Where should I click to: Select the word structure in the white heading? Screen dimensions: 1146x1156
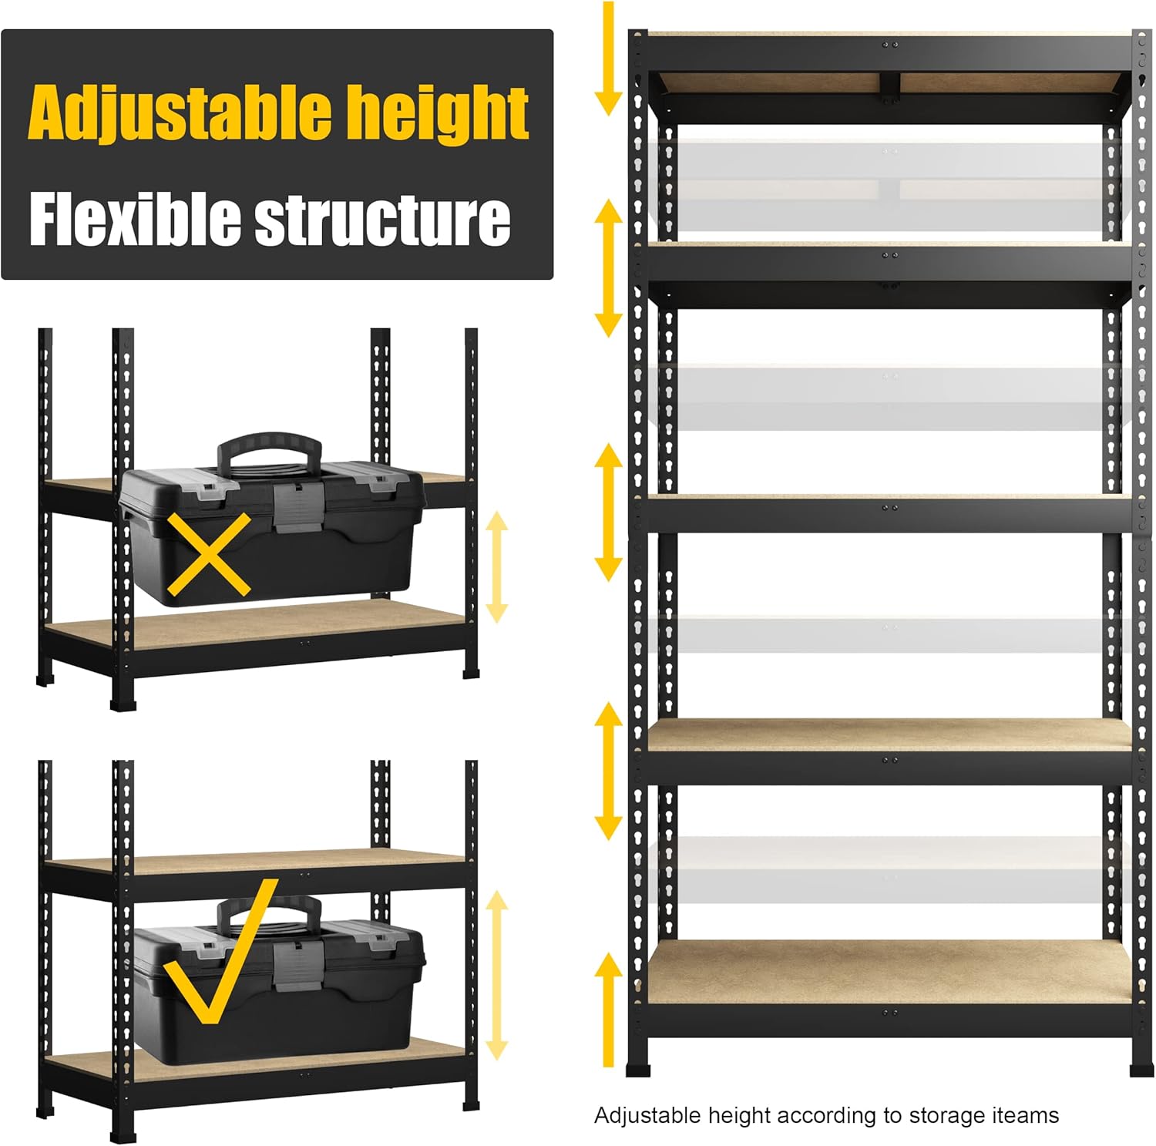point(382,220)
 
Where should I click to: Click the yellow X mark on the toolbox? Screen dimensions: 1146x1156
point(209,553)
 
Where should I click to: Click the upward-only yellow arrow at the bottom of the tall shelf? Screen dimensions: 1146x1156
point(608,1010)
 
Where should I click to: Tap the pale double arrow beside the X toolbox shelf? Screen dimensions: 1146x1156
point(497,566)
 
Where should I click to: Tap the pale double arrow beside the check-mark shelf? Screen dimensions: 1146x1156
point(497,975)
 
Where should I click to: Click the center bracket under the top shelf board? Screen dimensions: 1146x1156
point(890,86)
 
